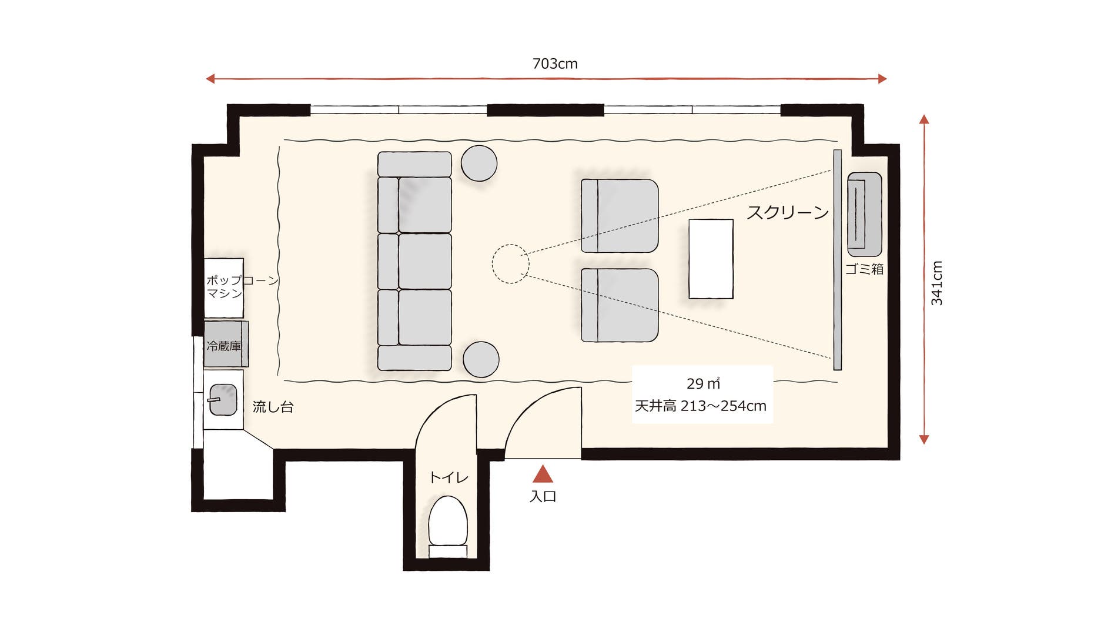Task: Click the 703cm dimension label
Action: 554,63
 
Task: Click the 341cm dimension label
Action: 936,283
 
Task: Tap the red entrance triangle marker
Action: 543,474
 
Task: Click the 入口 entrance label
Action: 543,496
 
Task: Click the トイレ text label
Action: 449,477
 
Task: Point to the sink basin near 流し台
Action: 223,400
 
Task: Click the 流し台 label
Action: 273,406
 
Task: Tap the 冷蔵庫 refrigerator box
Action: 225,345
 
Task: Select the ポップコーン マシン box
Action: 224,288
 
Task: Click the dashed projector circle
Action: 510,264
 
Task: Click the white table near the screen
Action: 711,259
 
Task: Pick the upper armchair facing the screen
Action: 620,216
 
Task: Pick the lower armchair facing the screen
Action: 620,305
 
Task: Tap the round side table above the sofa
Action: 478,163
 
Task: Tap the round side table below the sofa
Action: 481,359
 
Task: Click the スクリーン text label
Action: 787,212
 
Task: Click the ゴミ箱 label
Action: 864,269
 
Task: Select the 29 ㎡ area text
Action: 702,383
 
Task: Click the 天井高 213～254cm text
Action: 701,406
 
